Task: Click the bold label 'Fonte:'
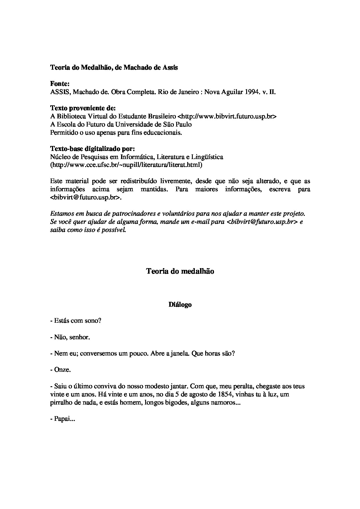tap(60, 84)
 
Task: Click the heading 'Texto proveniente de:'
tap(83, 108)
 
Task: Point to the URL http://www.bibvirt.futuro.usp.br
tap(227, 116)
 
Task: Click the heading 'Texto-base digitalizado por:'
tap(93, 149)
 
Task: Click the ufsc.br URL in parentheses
tap(126, 165)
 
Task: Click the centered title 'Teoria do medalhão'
tap(180, 271)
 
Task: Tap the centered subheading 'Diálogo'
tap(180, 305)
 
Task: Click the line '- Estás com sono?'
tap(75, 321)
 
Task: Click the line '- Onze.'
tap(61, 370)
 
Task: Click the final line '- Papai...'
tap(63, 419)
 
